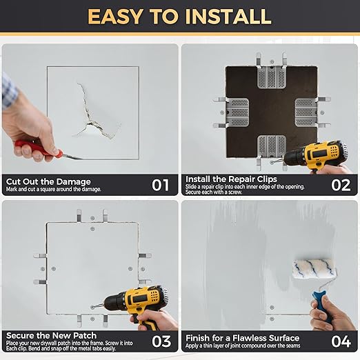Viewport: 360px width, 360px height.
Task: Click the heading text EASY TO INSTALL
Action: click(x=179, y=16)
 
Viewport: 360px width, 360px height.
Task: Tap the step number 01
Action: click(x=160, y=185)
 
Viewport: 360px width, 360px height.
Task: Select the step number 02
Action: click(x=341, y=185)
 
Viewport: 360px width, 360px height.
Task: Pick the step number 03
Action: click(x=160, y=341)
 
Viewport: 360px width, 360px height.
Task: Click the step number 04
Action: click(x=341, y=341)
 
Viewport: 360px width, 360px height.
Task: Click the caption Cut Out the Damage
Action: click(x=48, y=181)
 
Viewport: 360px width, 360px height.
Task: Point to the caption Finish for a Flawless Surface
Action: click(x=242, y=337)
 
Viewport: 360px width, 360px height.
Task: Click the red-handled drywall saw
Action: click(x=38, y=149)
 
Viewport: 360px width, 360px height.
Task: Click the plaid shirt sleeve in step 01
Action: click(x=6, y=90)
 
